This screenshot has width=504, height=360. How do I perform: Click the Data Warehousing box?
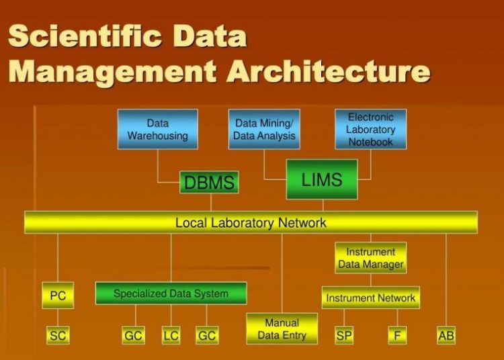tap(157, 129)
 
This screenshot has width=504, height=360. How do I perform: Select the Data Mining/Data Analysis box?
tap(264, 129)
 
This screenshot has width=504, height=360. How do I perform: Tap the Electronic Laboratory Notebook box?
tap(370, 129)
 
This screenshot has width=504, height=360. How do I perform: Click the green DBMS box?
tap(209, 182)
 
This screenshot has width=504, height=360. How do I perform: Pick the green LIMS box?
tap(321, 179)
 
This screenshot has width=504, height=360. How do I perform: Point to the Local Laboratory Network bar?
tap(251, 222)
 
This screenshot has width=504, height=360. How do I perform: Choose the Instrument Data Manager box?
tap(370, 258)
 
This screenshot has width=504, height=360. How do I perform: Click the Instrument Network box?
tap(370, 298)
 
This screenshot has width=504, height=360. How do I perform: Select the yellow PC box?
tap(58, 296)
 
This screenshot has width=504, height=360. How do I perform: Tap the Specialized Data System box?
tap(171, 294)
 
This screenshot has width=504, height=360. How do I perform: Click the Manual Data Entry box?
tap(282, 328)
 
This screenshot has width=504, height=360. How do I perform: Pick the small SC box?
tap(58, 334)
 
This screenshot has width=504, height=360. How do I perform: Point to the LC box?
tap(171, 334)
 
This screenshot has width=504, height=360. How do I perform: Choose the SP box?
tap(344, 334)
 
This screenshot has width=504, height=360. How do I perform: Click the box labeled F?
tap(397, 334)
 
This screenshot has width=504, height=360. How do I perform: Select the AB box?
tap(446, 334)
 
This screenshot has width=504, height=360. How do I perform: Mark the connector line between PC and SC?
tap(58, 317)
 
